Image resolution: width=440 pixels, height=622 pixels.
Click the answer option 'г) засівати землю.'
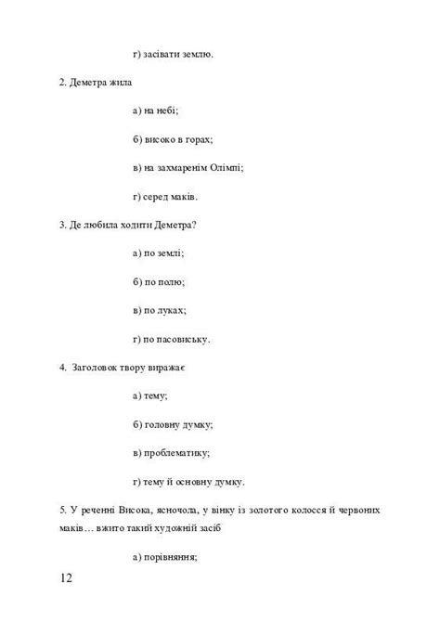[174, 54]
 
